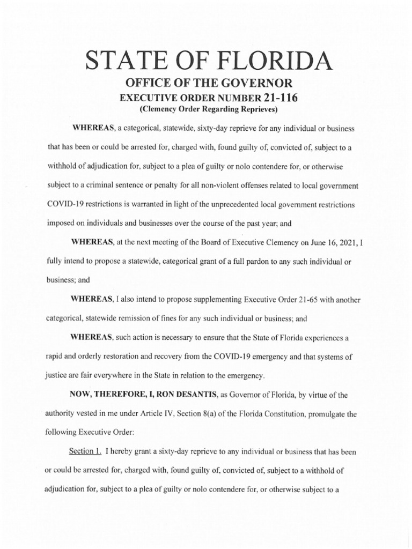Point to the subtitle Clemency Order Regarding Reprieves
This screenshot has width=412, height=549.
pyautogui.click(x=205, y=109)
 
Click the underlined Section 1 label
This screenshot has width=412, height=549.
pyautogui.click(x=86, y=437)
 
